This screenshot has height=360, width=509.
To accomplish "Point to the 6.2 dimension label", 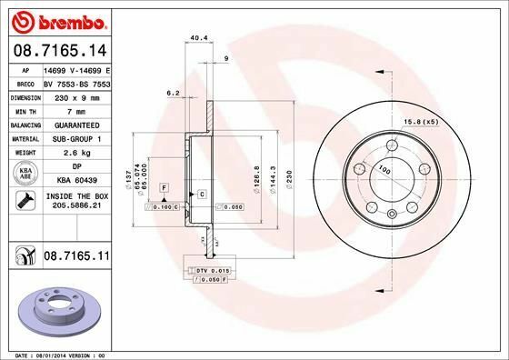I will point(171,92).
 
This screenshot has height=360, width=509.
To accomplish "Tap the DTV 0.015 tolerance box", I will point(209,272).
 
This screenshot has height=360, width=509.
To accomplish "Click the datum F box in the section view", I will point(164,186).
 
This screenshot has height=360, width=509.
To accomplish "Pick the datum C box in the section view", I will point(201,195).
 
